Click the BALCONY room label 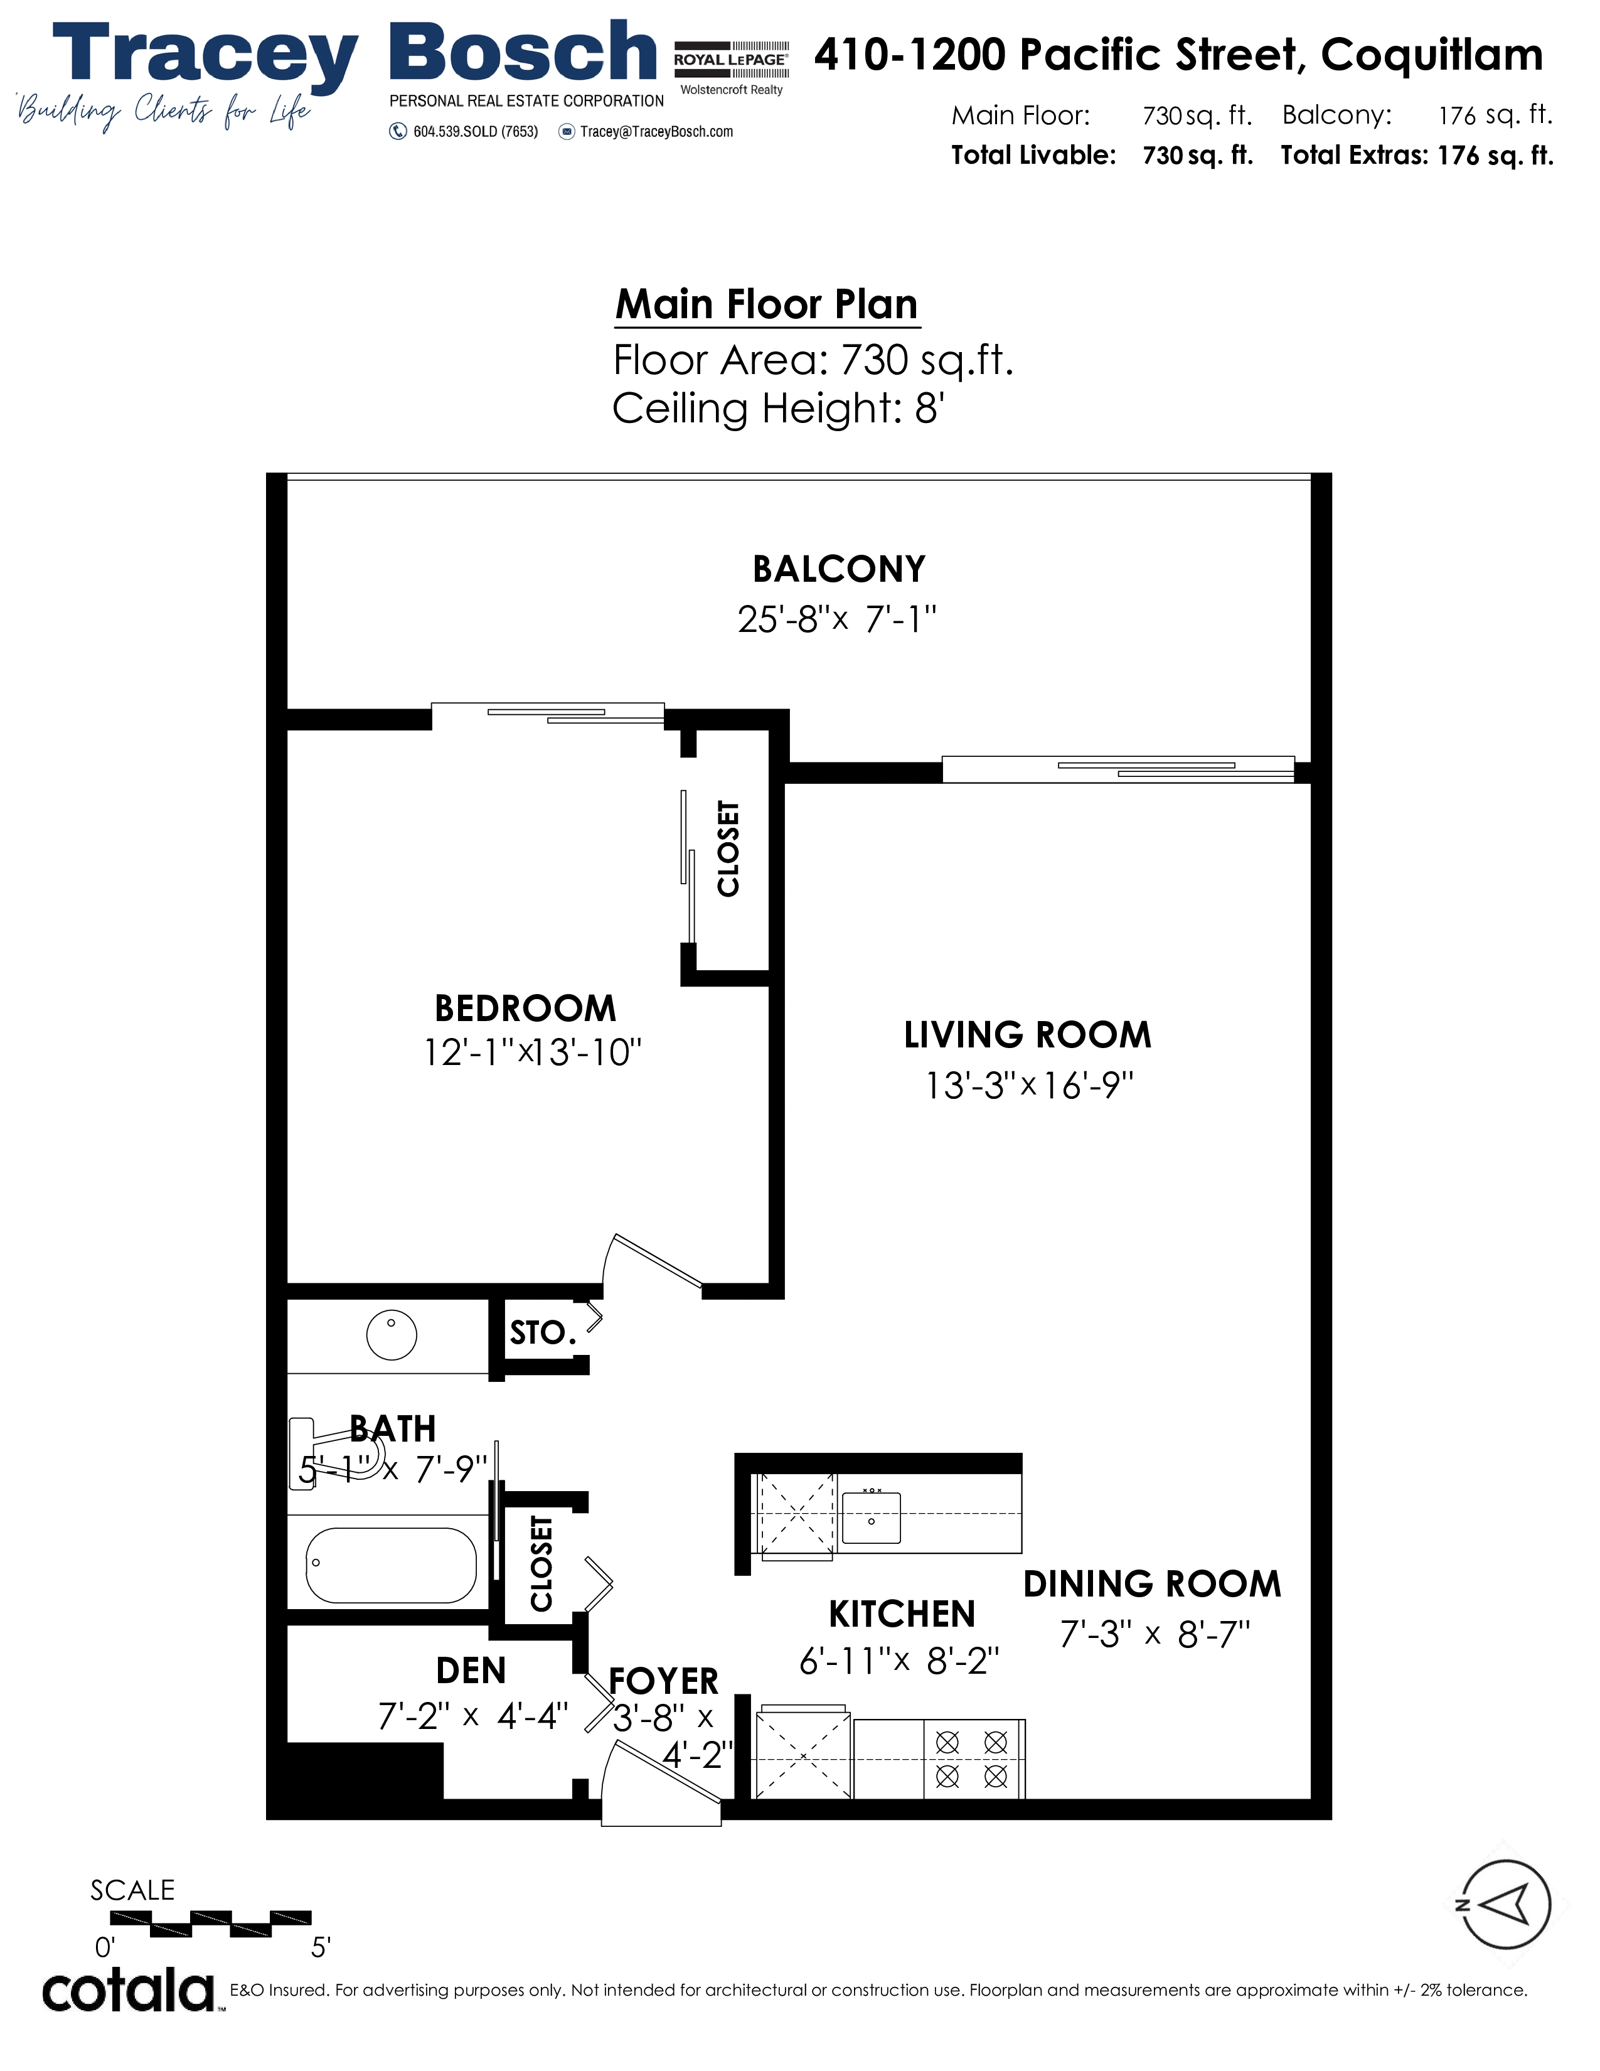pos(839,569)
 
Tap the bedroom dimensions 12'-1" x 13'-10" pos(533,1052)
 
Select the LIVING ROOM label pos(1028,1034)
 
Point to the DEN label pos(471,1671)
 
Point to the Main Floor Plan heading pos(767,304)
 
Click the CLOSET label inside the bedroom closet pos(728,848)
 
